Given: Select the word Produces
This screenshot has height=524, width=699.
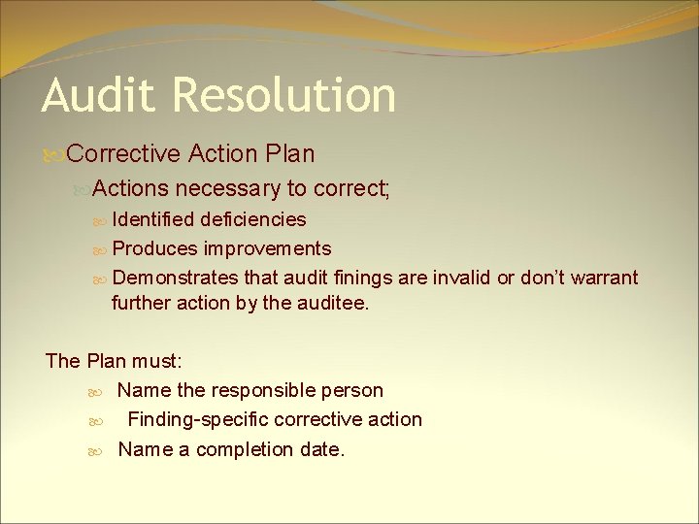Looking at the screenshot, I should click(x=155, y=248).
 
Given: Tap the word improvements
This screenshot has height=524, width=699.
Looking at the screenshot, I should click(x=268, y=248).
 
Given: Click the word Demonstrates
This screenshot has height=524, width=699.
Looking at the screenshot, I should click(x=176, y=278).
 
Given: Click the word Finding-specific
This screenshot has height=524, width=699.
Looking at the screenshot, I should click(x=198, y=419).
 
